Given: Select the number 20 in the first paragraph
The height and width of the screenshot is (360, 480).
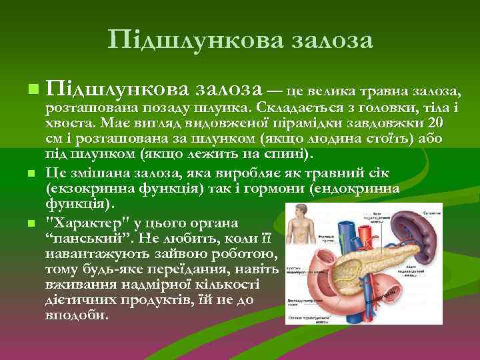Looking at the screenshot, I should pyautogui.click(x=434, y=124).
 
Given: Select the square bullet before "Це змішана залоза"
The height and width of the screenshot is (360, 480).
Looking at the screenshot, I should pyautogui.click(x=33, y=173).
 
